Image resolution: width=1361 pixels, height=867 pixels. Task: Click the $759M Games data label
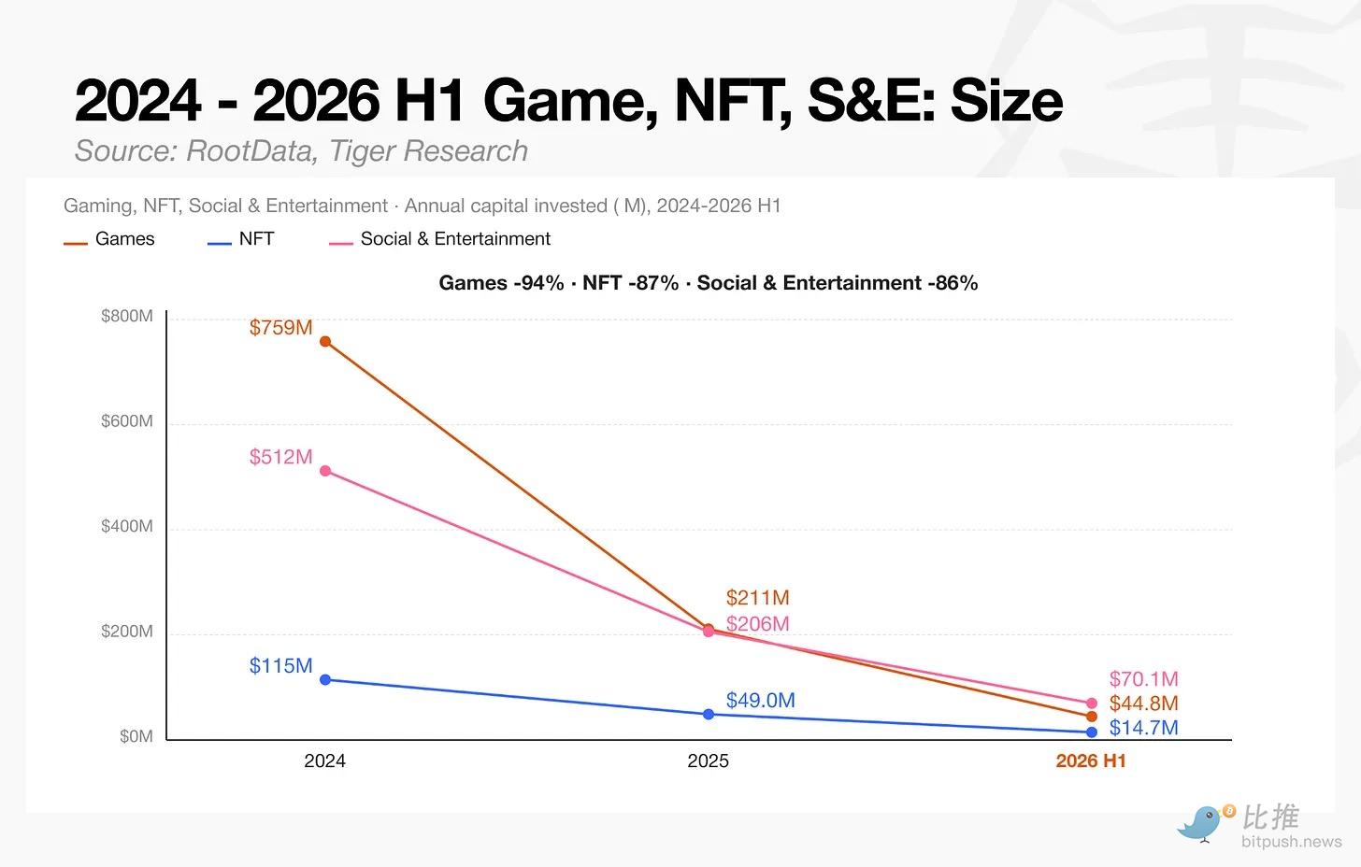[280, 328]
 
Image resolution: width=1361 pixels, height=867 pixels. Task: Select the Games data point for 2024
[325, 342]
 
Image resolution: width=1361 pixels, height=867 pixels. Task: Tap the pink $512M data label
[280, 457]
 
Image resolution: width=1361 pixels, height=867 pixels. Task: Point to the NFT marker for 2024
[325, 679]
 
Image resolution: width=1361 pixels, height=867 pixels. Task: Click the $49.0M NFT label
[761, 701]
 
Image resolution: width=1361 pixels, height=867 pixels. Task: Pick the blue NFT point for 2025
[709, 714]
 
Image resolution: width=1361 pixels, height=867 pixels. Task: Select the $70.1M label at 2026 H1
[1143, 679]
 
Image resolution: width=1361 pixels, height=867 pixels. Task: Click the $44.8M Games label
[1143, 704]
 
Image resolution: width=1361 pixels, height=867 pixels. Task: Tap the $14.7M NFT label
[1143, 728]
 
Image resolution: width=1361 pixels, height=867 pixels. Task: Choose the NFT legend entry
[240, 238]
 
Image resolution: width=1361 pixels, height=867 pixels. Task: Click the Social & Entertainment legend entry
[439, 238]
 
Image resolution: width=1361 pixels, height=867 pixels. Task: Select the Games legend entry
[109, 238]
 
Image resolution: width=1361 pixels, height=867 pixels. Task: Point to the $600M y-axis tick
[127, 421]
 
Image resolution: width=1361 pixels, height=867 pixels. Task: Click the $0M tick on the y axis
[136, 736]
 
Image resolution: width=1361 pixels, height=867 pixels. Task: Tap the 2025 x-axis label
[708, 761]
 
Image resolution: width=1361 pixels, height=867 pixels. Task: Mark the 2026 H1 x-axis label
[1091, 761]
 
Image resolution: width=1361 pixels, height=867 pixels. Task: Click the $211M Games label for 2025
[758, 598]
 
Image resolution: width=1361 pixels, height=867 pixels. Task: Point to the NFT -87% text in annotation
[630, 283]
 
